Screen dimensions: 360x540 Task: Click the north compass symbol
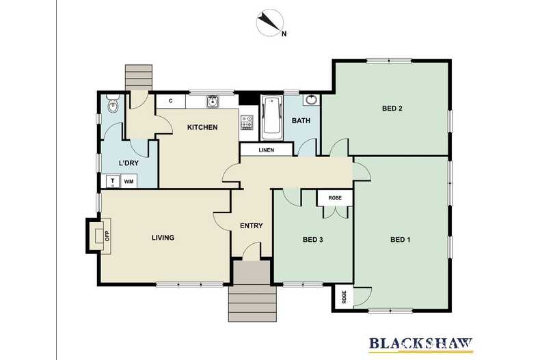point(269,23)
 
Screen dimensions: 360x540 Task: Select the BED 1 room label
point(401,239)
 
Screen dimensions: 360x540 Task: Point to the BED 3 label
point(312,239)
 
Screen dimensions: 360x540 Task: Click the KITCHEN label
point(202,127)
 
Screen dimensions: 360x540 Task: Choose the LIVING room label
point(163,238)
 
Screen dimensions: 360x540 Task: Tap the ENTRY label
point(251,225)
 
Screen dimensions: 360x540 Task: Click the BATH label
point(301,121)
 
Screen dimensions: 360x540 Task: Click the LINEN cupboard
point(267,150)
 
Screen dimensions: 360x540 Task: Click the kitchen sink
point(213,102)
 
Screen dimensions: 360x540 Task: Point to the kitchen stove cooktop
point(247,123)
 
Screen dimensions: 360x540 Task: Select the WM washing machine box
point(129,182)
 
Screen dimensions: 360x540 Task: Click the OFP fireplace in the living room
point(101,236)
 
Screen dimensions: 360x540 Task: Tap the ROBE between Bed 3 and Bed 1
point(335,198)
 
